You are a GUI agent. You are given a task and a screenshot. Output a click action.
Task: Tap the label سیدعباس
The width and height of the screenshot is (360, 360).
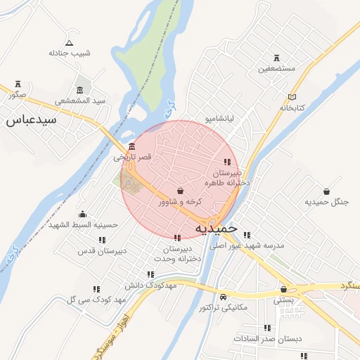31,120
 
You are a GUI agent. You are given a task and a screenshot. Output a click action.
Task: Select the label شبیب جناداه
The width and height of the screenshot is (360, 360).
70,53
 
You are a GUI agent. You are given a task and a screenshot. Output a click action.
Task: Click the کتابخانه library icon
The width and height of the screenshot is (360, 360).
292,97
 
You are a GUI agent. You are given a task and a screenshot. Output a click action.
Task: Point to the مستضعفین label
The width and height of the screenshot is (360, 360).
275,69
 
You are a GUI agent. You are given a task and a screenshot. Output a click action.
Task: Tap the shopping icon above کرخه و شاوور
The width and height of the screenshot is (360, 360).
181,191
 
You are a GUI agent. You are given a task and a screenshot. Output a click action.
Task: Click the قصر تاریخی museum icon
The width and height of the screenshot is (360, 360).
132,147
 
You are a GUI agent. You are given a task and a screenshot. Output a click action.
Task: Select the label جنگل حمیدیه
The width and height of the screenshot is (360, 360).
326,202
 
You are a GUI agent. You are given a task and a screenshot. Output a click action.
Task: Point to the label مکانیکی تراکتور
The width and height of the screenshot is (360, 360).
224,307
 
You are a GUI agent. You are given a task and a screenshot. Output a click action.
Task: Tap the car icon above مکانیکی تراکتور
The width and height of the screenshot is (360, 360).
223,296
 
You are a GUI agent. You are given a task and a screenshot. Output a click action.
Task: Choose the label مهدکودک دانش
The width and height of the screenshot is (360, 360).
150,285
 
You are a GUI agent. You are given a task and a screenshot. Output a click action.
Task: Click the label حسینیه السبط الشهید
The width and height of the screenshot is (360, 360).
84,225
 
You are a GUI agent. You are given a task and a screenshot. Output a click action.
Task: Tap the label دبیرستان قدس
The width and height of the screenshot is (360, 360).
102,250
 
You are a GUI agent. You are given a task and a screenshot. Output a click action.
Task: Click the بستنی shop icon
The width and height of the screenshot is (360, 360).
284,289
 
